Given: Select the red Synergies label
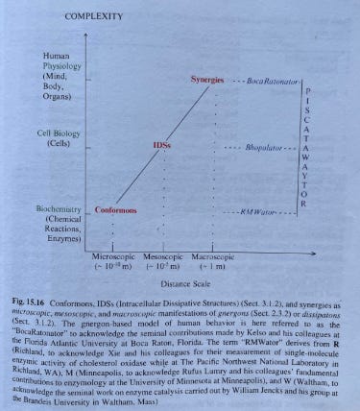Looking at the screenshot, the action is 206,79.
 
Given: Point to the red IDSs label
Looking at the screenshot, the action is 162,144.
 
